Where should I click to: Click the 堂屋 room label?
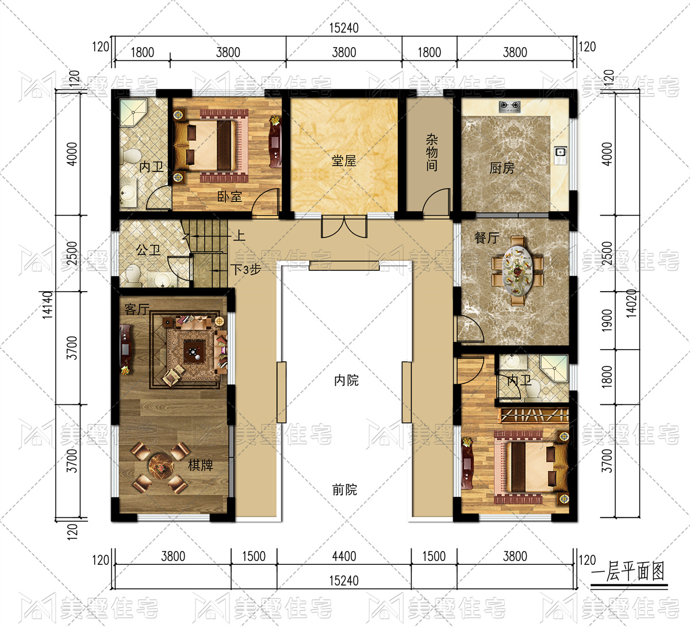(344, 160)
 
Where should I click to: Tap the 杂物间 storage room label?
(432, 153)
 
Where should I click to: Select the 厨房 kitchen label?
(502, 168)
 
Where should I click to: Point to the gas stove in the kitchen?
(510, 106)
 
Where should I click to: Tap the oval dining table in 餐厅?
(517, 271)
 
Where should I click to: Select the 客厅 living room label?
(137, 309)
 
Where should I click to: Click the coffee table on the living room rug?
(194, 351)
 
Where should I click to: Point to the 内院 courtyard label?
(346, 380)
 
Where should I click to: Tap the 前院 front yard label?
(344, 490)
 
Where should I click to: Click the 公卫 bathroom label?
(148, 250)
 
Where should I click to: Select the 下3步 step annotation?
(246, 269)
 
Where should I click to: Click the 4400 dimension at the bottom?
(344, 556)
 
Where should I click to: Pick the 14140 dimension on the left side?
(48, 305)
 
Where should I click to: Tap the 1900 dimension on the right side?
(607, 321)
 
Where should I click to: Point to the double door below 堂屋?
(344, 227)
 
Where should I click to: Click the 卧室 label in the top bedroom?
(229, 197)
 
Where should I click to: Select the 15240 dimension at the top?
(344, 28)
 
